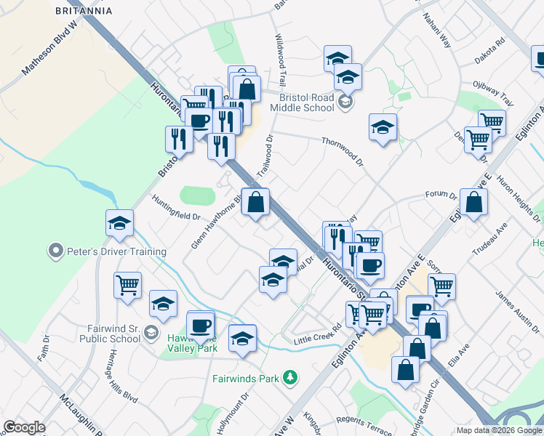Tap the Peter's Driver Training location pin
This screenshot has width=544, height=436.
coord(55,252)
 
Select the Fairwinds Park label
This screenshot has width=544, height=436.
coord(246,378)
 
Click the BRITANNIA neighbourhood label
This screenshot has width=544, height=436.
coord(84,11)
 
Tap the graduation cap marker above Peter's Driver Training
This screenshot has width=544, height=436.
coord(120,223)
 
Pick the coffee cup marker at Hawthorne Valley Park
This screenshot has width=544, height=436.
coord(201,325)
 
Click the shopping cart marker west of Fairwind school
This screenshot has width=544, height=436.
coord(128,284)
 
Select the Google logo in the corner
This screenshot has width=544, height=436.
coord(24,427)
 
